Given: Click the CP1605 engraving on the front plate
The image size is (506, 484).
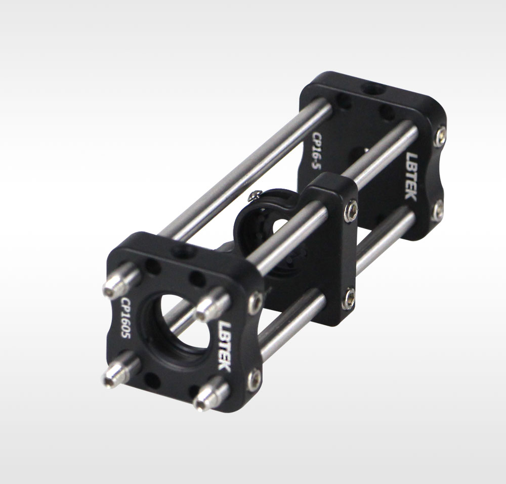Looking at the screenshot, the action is pyautogui.click(x=125, y=318).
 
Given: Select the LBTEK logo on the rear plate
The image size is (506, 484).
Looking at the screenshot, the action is pyautogui.click(x=411, y=176).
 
